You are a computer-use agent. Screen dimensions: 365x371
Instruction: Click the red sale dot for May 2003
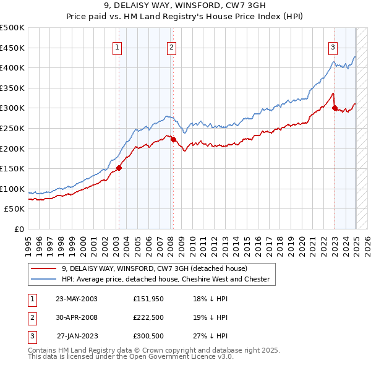(x=119, y=168)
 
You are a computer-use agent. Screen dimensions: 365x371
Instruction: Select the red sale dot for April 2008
(x=173, y=139)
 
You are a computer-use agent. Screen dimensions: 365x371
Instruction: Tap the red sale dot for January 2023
(x=335, y=108)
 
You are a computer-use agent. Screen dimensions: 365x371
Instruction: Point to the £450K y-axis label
(x=12, y=48)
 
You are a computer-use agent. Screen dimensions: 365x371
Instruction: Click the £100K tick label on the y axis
(x=12, y=189)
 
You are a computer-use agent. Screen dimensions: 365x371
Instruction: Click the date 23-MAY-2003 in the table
(x=77, y=299)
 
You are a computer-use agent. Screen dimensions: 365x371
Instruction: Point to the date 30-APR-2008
(x=77, y=317)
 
